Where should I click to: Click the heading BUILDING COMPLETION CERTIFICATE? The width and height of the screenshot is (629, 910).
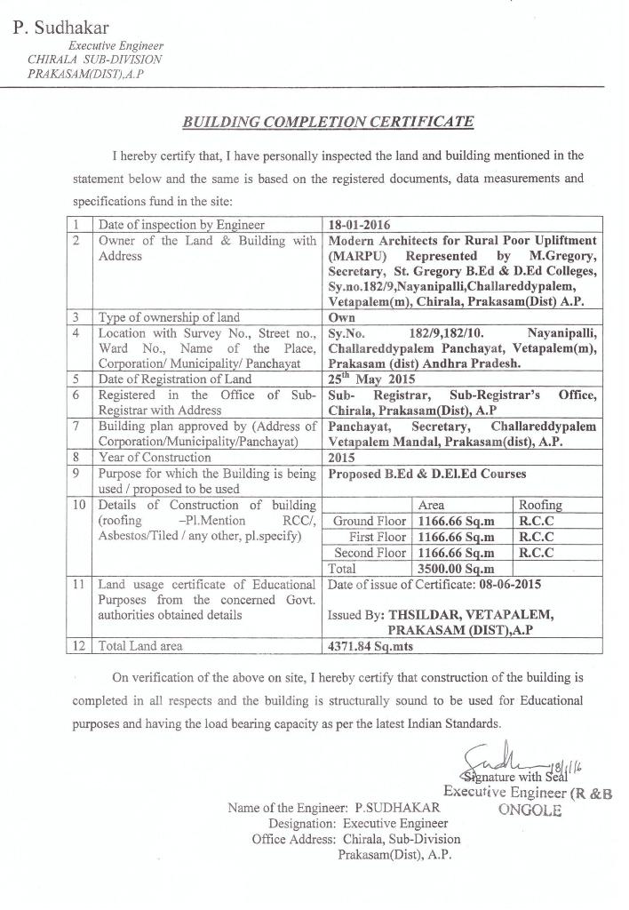coord(328,122)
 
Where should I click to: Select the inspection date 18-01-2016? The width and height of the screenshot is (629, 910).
coord(359,225)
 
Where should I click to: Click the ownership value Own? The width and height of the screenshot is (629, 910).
coord(341,317)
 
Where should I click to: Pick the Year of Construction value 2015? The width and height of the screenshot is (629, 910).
coord(341,458)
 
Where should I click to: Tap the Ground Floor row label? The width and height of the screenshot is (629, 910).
coord(369,521)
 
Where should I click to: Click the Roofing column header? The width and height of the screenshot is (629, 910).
coord(540,505)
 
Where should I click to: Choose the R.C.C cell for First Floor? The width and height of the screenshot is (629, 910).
coord(537,537)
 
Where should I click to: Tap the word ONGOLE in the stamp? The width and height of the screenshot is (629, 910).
coord(530,810)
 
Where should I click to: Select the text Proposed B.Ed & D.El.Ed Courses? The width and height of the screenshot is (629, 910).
coord(426,474)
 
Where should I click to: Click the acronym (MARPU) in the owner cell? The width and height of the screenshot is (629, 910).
coord(356,256)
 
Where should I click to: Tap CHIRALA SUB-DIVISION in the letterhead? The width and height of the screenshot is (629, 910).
coord(95,59)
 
